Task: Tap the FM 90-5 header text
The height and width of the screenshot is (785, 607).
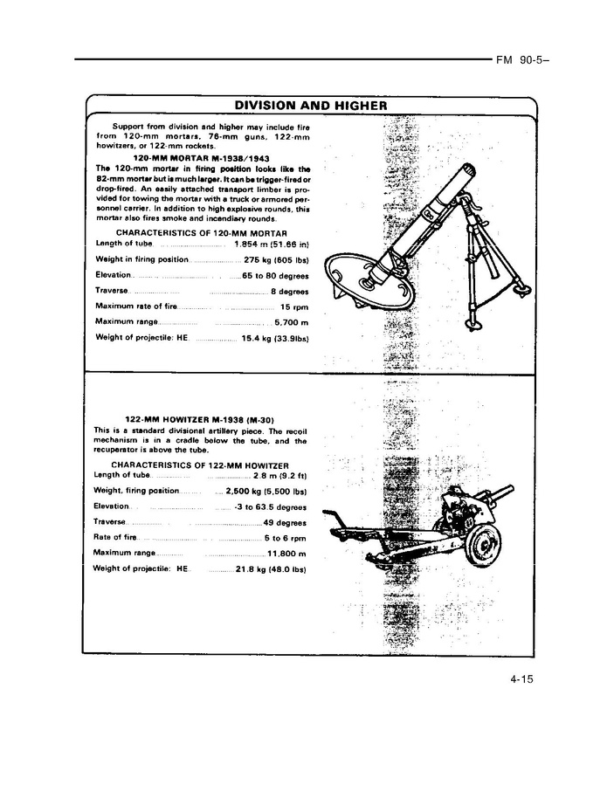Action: point(515,61)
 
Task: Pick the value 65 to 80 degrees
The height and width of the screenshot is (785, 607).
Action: point(276,275)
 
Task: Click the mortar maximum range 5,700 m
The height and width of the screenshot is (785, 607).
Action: point(291,322)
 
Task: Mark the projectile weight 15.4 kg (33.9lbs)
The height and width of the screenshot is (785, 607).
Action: point(275,338)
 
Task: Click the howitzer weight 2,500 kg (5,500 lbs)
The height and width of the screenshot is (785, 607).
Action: point(266,491)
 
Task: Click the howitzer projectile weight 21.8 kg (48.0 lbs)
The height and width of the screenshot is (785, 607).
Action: point(270,569)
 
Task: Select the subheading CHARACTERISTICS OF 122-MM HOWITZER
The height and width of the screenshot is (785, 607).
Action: point(200,465)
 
